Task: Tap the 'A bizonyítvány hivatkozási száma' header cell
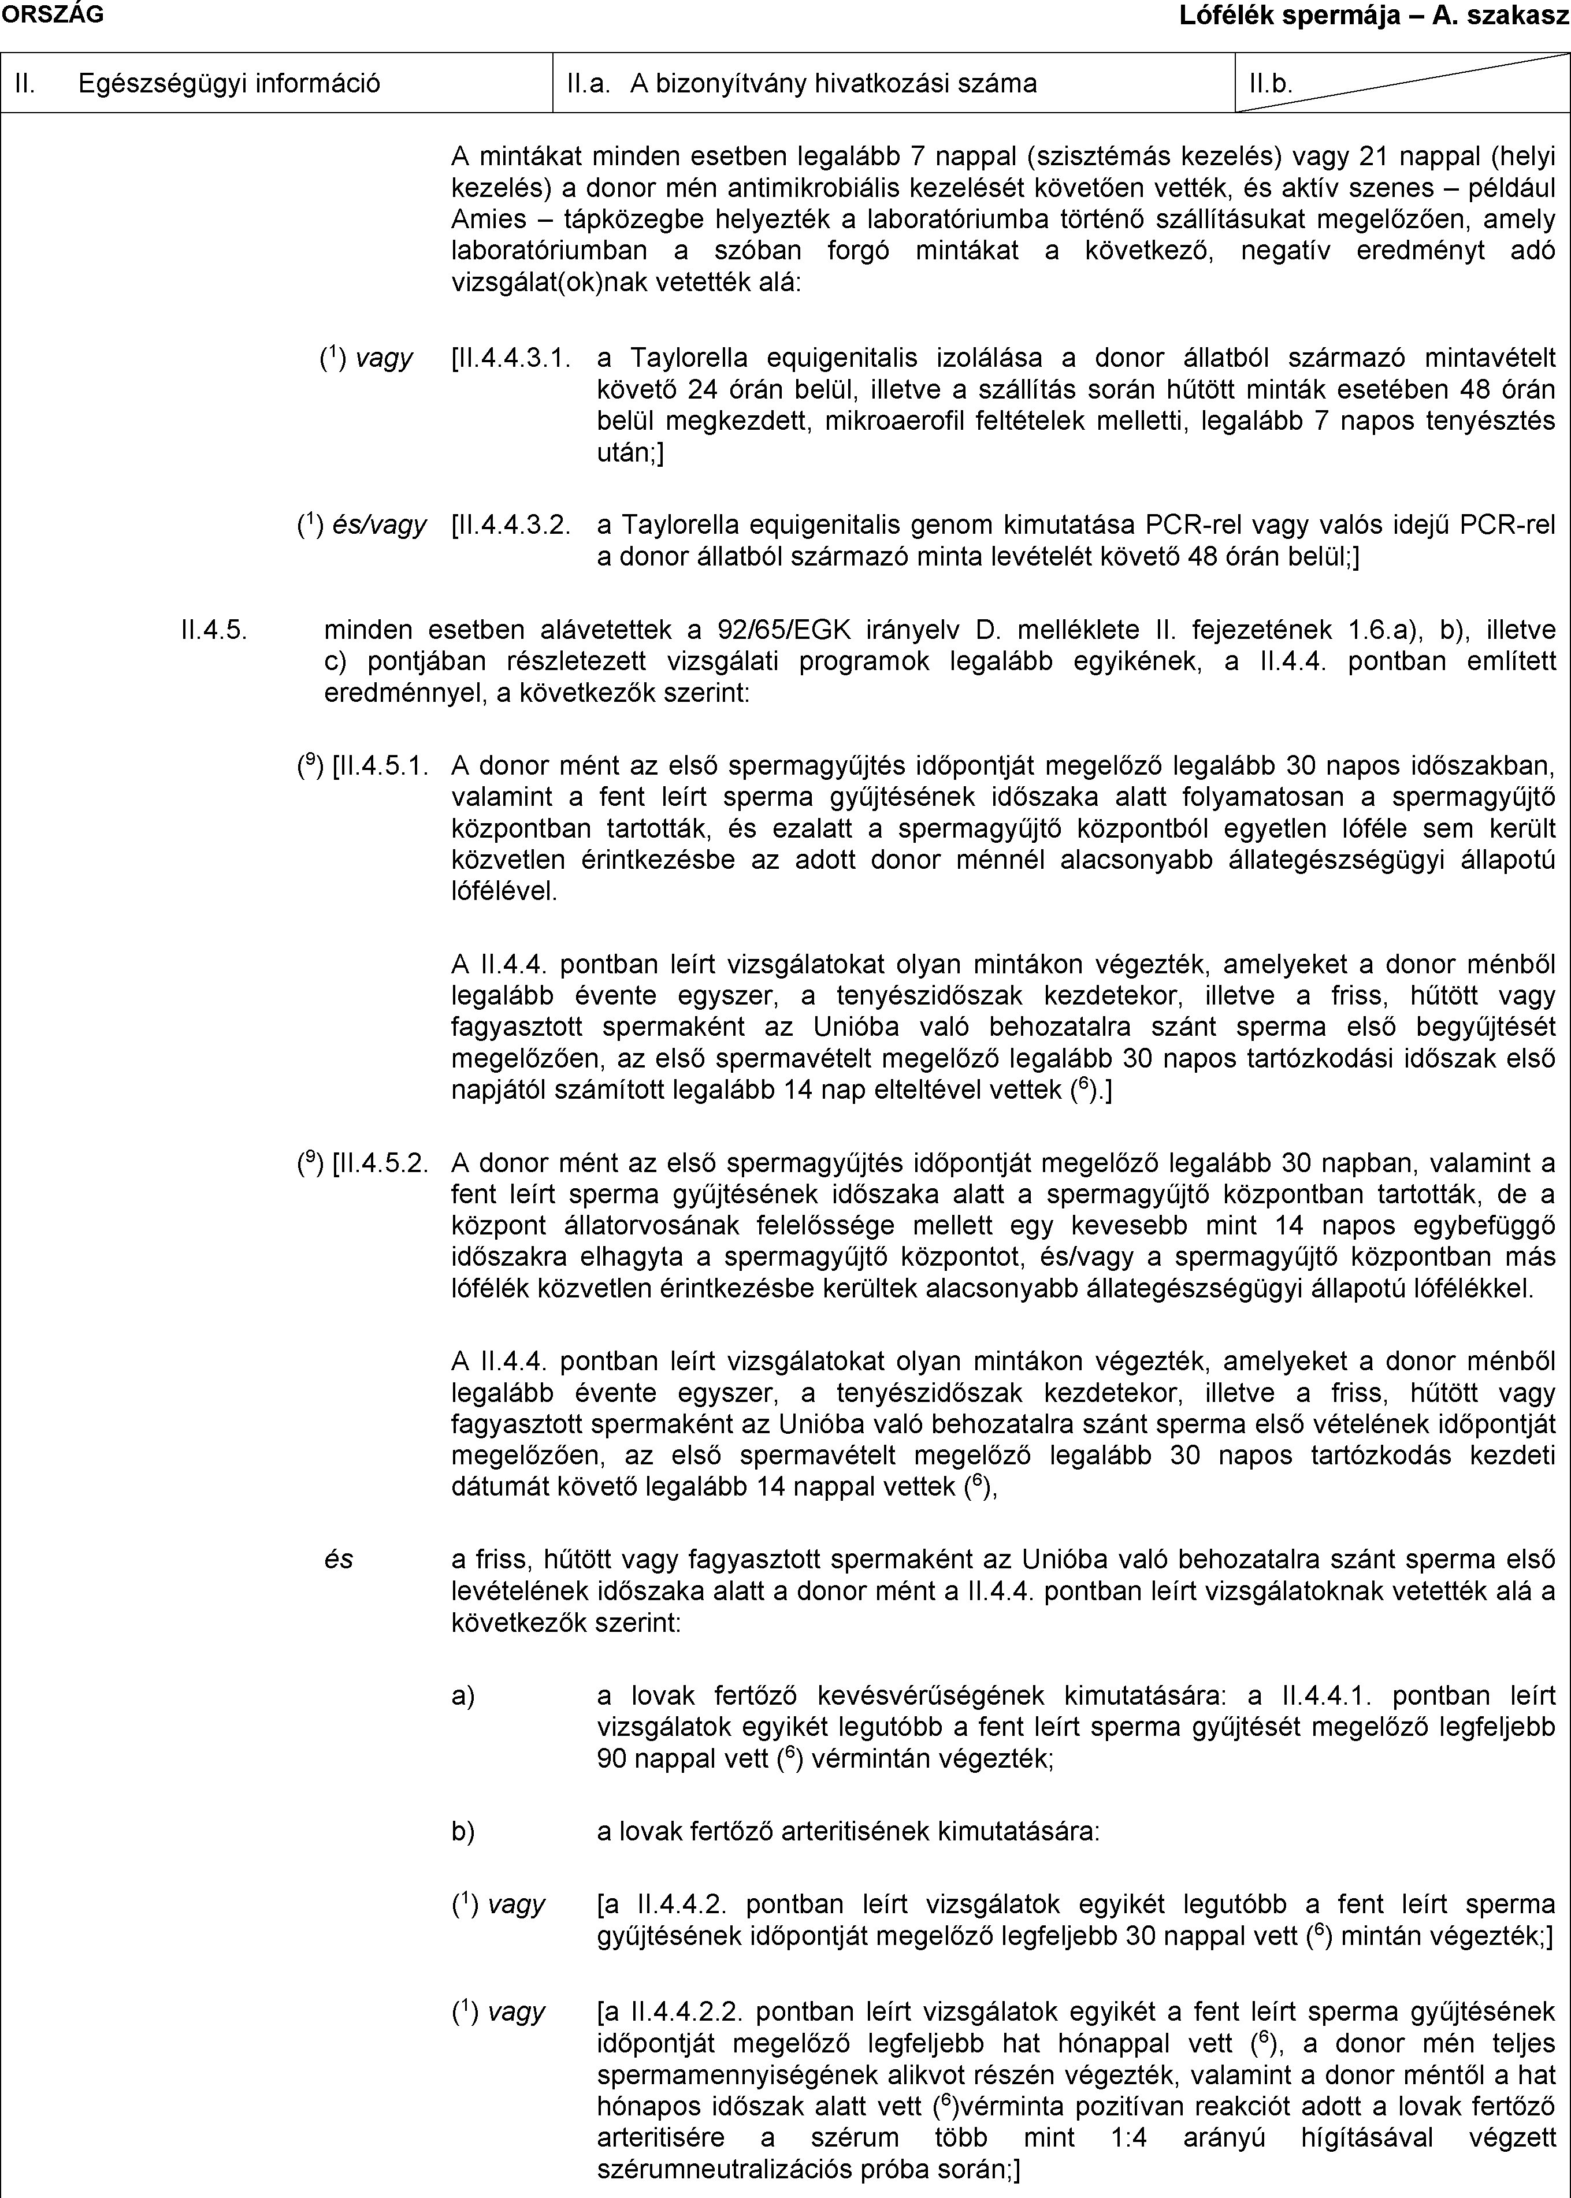tap(833, 83)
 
